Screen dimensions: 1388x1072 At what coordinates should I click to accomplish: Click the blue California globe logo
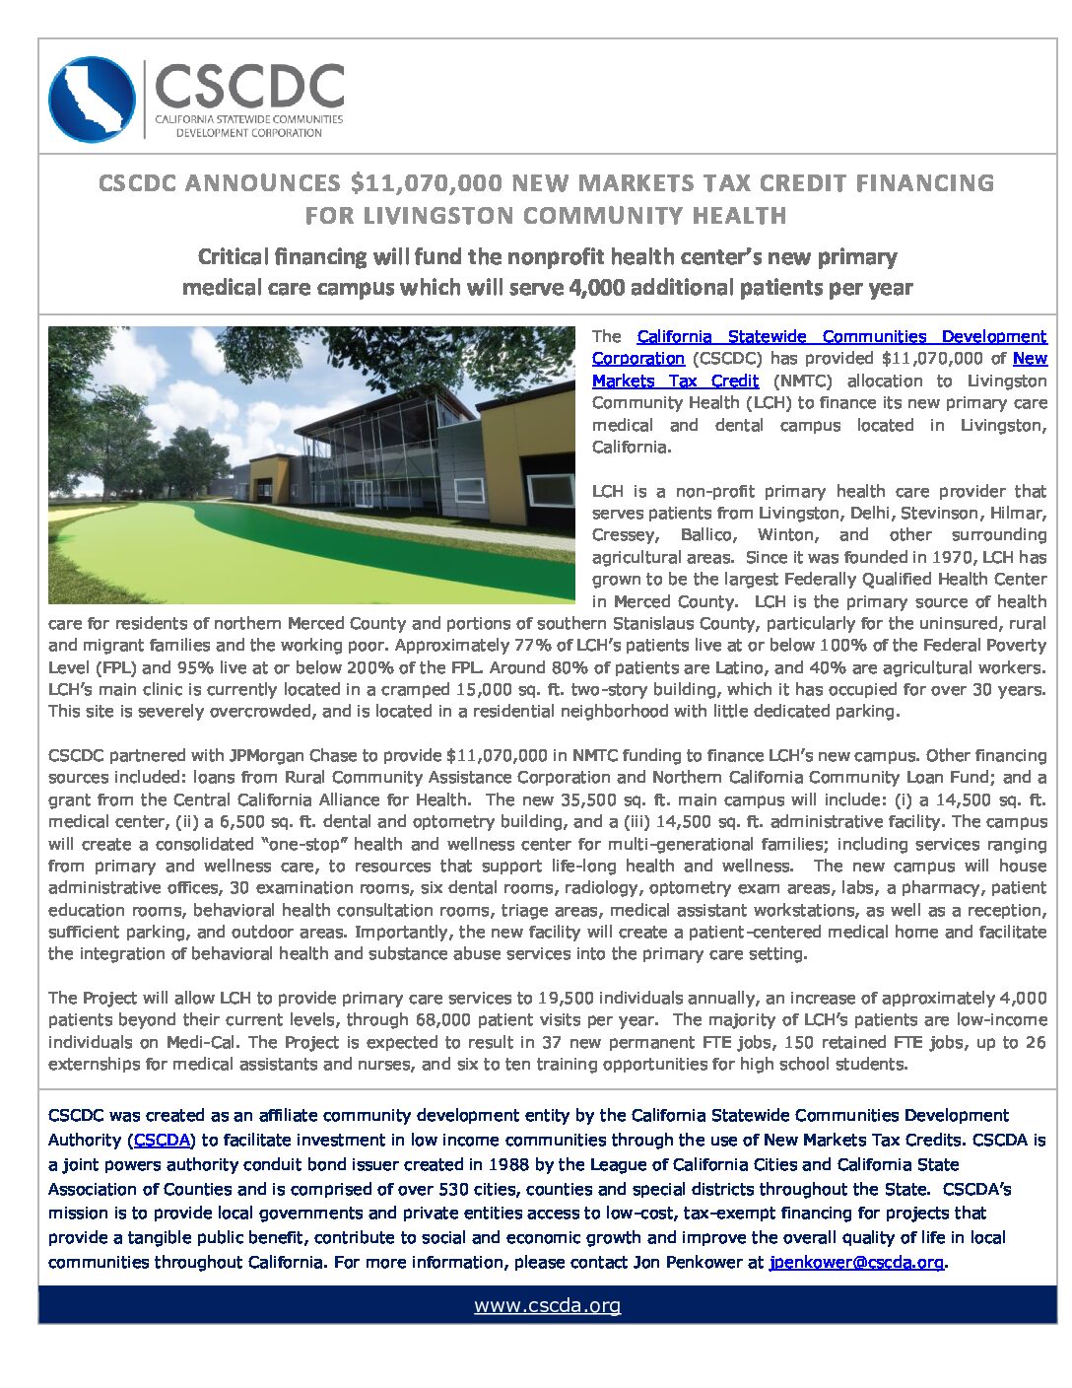(x=92, y=100)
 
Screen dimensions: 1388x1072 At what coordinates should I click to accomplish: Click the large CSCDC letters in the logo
(x=249, y=87)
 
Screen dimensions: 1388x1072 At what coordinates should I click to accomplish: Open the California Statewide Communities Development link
(x=841, y=337)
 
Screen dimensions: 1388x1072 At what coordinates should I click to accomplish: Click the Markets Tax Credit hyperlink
(x=675, y=382)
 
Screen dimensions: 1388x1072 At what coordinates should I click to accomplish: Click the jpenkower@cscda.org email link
(x=856, y=1262)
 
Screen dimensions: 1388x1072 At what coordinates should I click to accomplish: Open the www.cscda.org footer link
(x=547, y=1306)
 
